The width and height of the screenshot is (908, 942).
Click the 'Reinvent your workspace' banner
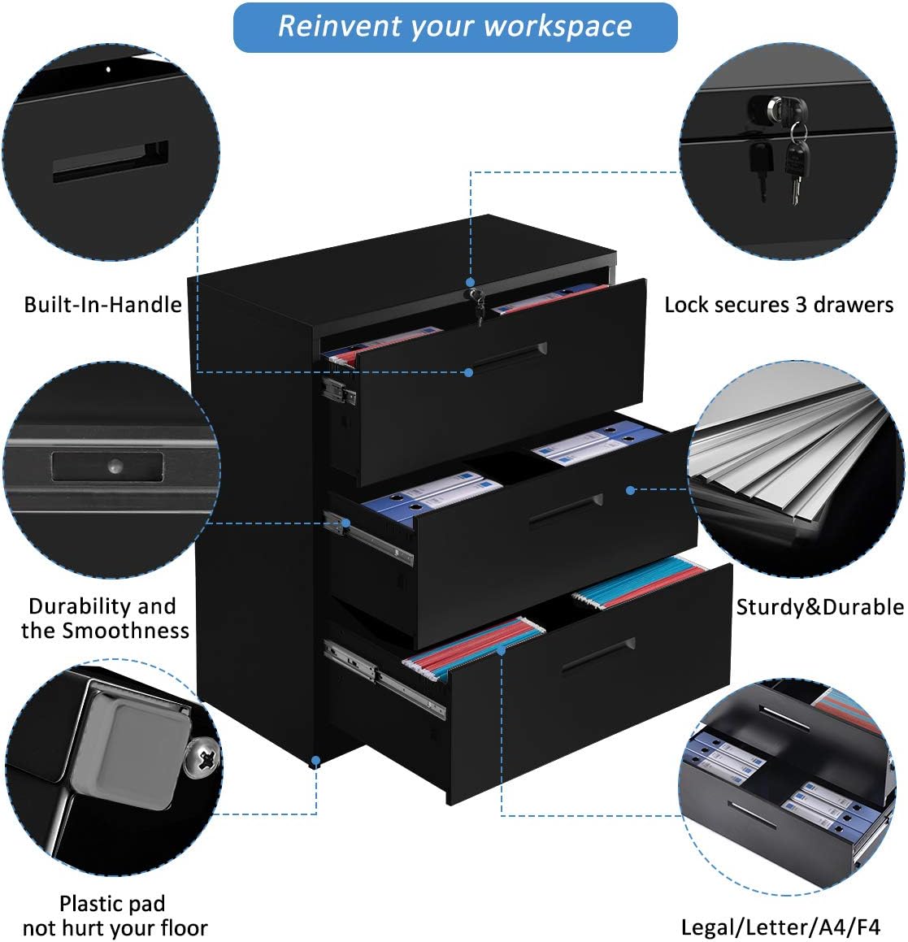[455, 27]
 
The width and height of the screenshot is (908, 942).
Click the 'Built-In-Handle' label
[102, 305]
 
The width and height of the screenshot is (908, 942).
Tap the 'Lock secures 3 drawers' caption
[779, 305]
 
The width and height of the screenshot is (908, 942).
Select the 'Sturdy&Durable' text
[819, 607]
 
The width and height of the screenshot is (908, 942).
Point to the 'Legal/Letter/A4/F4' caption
[780, 927]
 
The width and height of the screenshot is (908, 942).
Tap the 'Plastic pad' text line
[112, 904]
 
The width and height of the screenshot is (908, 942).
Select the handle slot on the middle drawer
[566, 510]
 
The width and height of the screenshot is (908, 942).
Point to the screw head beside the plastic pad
[203, 758]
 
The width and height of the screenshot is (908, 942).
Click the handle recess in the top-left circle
[110, 162]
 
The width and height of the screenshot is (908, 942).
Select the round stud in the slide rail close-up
[115, 464]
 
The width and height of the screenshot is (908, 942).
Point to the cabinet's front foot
[315, 763]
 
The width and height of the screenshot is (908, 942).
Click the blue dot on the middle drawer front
[630, 490]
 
